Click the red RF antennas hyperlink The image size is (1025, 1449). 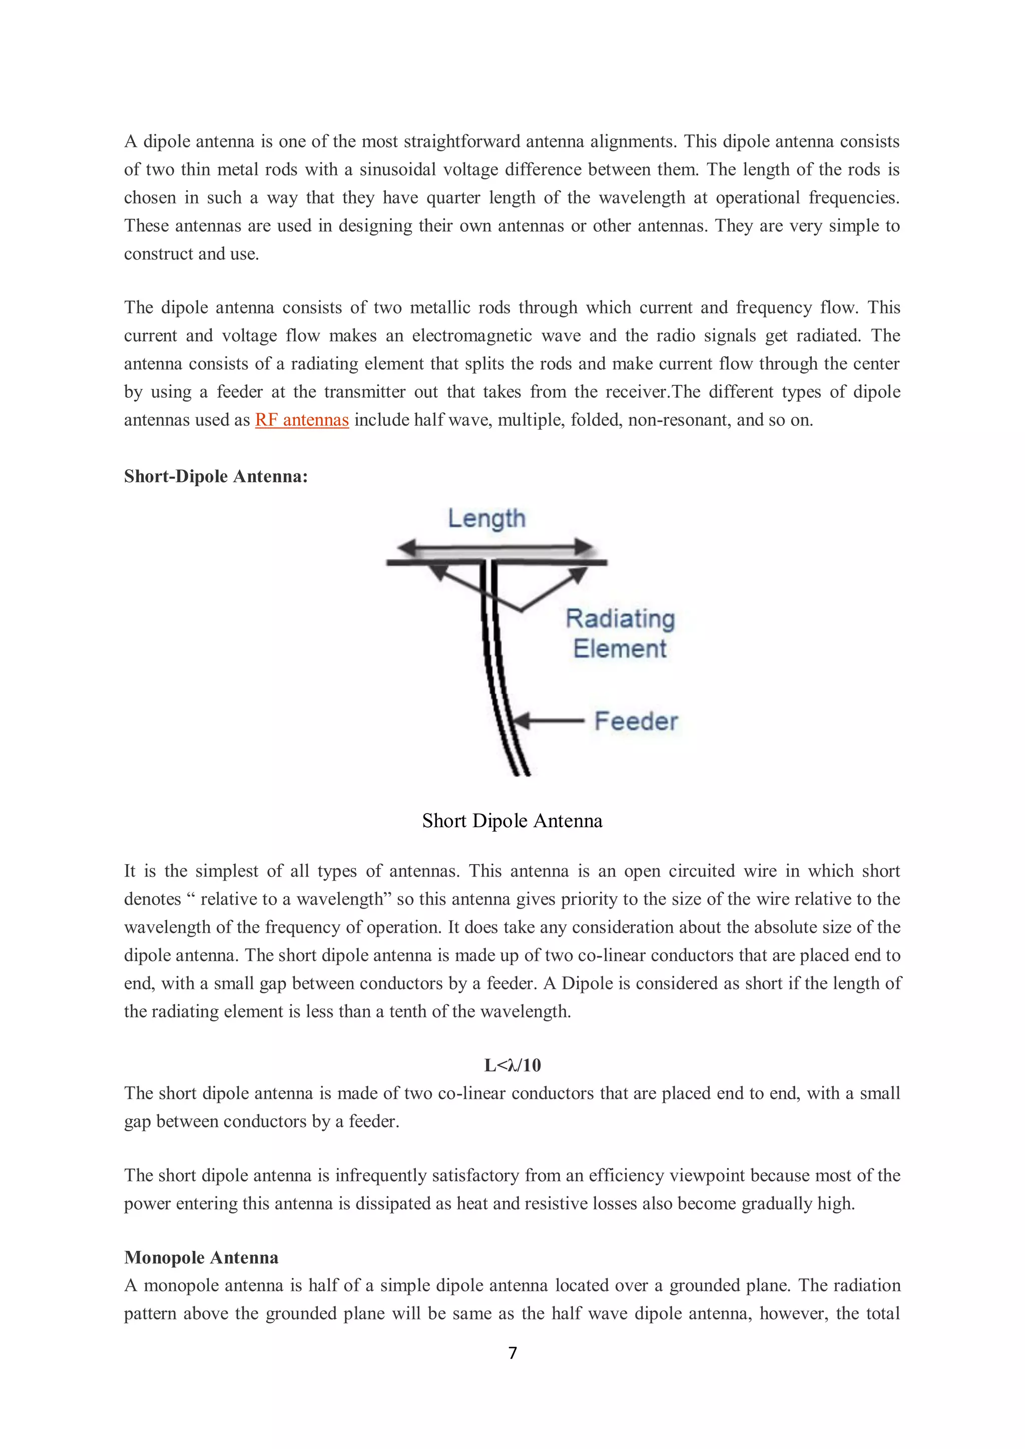302,420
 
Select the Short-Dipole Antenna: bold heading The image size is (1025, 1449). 216,476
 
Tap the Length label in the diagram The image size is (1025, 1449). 486,518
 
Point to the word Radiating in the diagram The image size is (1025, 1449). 620,618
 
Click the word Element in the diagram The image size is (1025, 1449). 619,649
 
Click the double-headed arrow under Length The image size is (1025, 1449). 495,546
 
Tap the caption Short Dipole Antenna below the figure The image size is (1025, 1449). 512,821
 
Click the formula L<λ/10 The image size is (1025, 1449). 512,1065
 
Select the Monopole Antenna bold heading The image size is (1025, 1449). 201,1257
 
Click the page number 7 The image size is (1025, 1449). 512,1353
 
